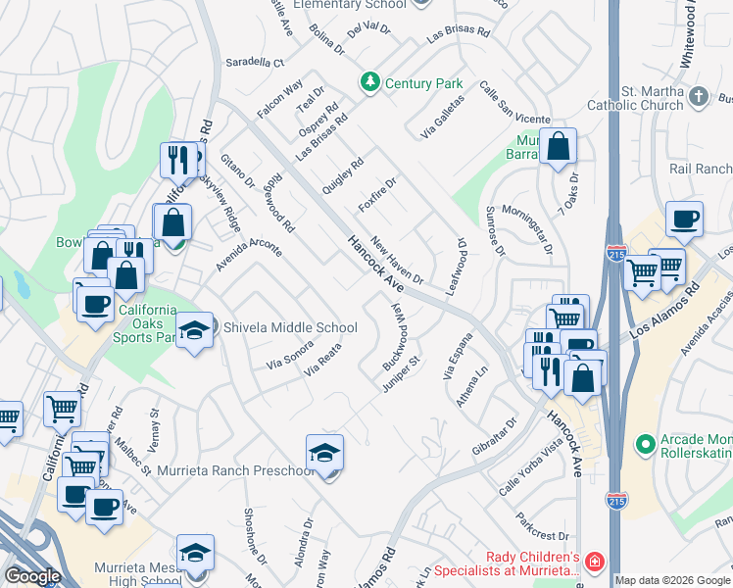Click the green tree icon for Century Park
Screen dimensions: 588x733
370,82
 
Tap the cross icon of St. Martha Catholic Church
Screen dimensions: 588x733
698,96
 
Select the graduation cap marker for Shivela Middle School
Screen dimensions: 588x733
194,330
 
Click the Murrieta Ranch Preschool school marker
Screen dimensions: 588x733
324,454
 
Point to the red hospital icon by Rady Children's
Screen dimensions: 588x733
594,562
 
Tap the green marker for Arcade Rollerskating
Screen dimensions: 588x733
644,444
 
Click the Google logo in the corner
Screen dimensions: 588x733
32,576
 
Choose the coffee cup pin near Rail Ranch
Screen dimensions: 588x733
684,220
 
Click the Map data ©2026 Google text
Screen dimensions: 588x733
672,580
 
